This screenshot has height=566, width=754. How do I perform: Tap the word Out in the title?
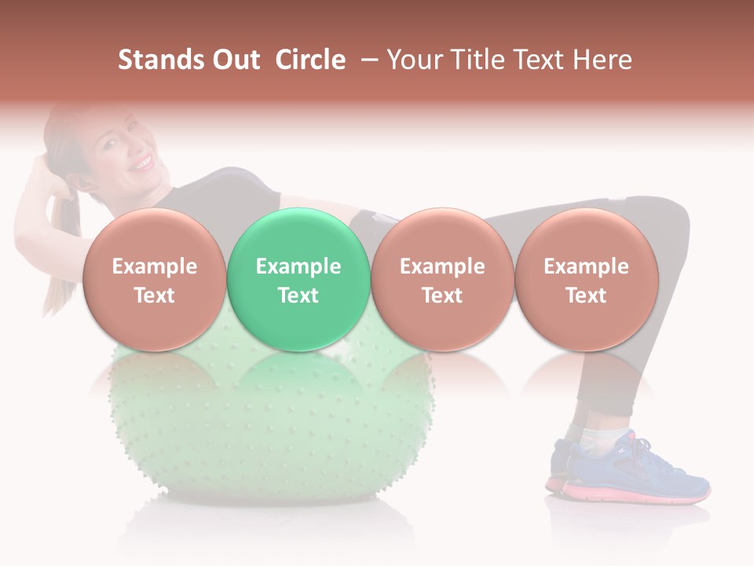tap(235, 61)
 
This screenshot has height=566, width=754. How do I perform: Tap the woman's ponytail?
tap(59, 259)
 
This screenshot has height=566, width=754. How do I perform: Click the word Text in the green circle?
tap(298, 296)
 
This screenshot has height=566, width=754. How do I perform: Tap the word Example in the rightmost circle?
tap(586, 266)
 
